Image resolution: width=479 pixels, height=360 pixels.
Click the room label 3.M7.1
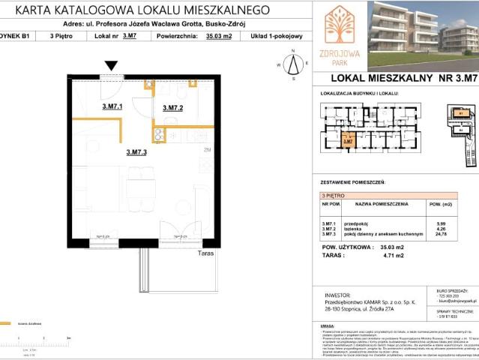tap(112, 107)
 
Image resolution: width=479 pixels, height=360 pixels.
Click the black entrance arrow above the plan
tap(112, 67)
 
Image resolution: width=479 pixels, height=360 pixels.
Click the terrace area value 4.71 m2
tap(391, 255)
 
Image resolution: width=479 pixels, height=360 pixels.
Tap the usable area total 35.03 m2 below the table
tap(391, 247)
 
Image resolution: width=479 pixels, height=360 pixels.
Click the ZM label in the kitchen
tap(207, 150)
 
